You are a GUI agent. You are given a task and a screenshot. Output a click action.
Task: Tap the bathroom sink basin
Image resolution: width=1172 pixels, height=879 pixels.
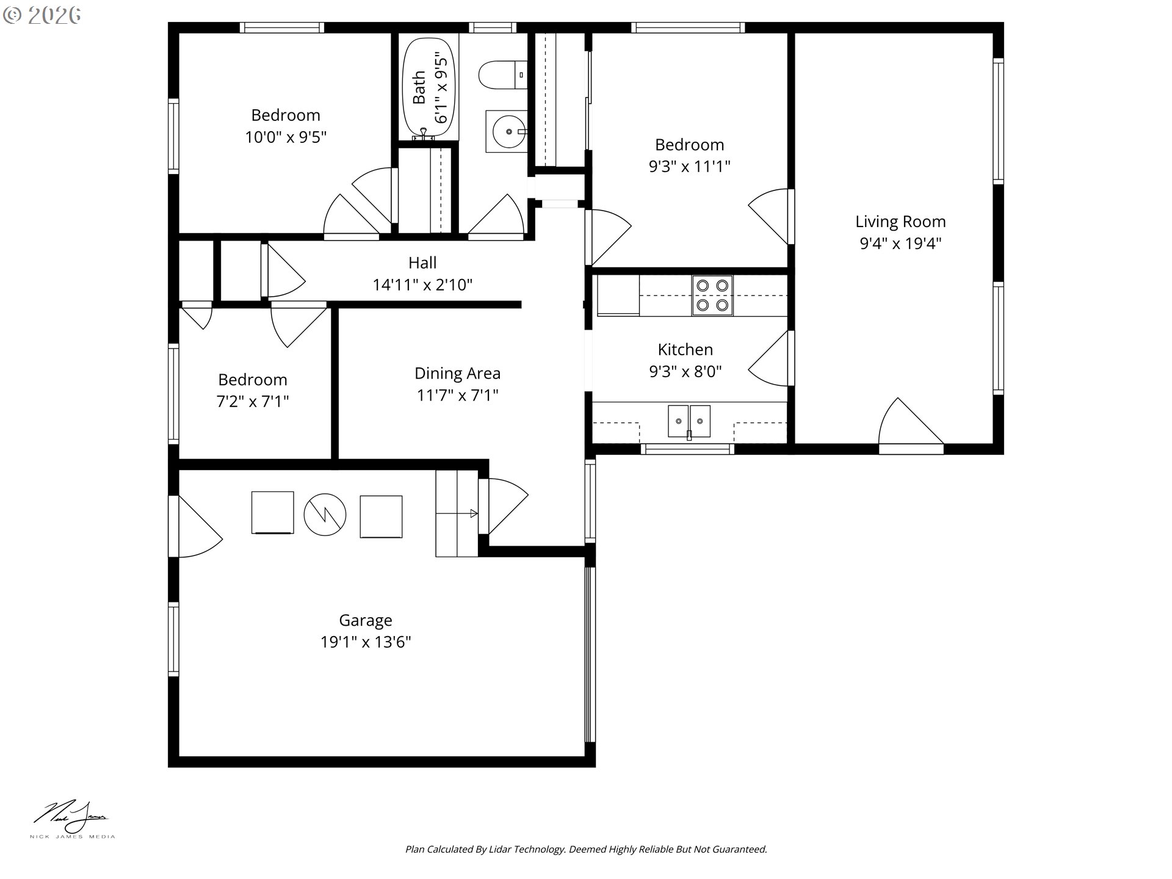click(x=506, y=131)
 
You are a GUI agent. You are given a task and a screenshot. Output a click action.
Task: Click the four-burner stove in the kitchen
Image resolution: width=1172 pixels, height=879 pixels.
click(x=712, y=295)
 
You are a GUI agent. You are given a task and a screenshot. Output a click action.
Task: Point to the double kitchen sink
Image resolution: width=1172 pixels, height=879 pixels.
click(x=689, y=421)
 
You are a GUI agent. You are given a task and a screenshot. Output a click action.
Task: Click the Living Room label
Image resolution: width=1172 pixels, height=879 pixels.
click(x=900, y=222)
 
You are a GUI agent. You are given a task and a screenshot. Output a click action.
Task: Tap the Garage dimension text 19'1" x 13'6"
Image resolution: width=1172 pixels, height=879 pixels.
click(x=366, y=642)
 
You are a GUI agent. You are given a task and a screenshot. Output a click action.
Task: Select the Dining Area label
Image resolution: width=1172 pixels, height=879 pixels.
click(x=457, y=373)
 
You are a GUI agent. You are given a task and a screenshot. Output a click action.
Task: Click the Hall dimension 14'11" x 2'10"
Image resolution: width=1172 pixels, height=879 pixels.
click(x=422, y=284)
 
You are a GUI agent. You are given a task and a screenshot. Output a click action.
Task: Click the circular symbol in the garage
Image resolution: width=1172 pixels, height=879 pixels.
click(x=325, y=515)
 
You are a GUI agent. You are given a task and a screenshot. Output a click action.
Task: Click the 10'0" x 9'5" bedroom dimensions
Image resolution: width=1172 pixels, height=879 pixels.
click(x=286, y=137)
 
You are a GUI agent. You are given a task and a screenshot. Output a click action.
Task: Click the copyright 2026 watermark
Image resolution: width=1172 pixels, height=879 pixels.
click(x=42, y=15)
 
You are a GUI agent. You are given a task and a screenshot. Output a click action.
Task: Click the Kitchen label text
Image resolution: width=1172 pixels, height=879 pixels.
click(x=685, y=349)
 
